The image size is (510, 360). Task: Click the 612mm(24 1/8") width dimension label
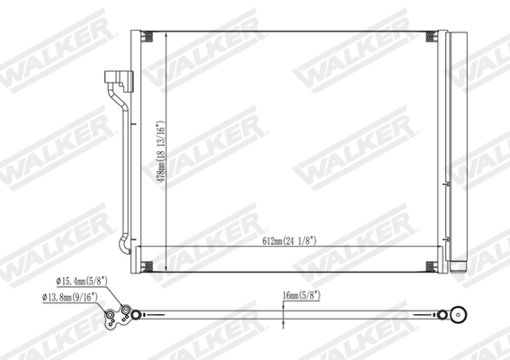289,241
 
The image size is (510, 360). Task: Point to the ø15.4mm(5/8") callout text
79,282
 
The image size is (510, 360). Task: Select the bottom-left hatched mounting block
148,266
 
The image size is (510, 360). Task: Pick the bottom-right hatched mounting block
432,266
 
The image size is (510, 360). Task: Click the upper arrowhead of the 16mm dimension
283,308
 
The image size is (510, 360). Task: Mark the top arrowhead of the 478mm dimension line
165,33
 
